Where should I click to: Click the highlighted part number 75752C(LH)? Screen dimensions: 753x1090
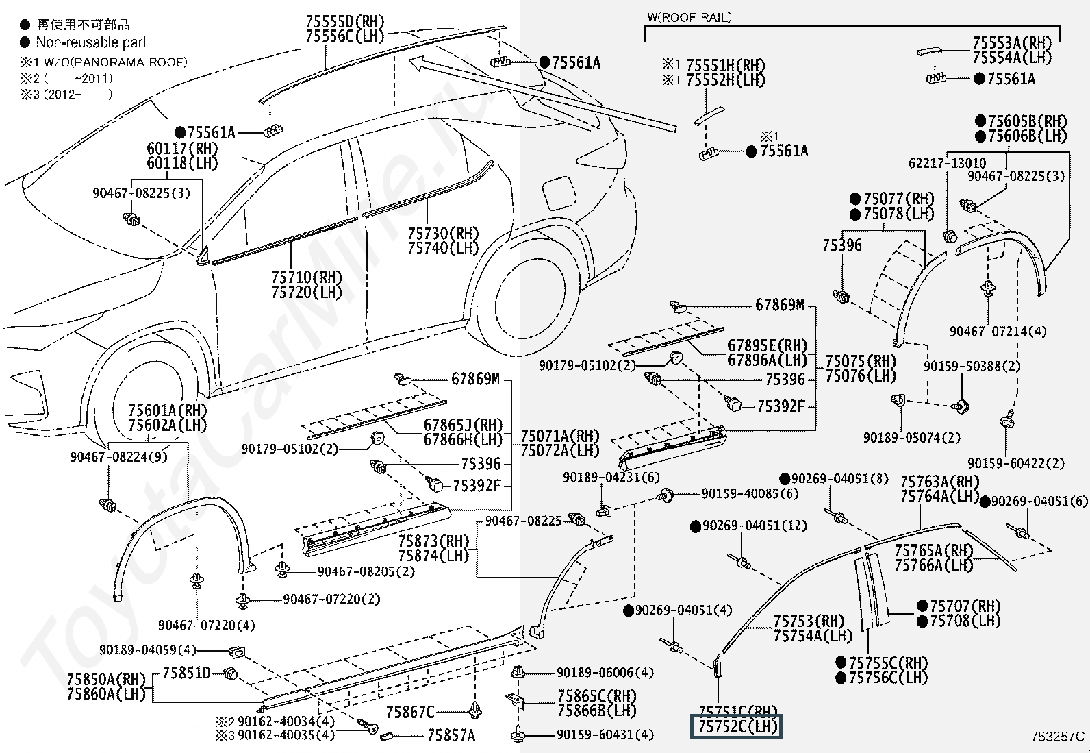(737, 726)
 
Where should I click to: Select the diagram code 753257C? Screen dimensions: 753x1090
(1058, 737)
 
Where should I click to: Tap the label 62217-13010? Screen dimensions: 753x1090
(947, 163)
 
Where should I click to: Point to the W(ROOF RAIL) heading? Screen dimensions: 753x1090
(689, 17)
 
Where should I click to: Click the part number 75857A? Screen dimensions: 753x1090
(451, 735)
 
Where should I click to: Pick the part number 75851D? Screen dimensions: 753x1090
(186, 673)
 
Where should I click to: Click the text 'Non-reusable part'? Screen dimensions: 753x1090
(91, 42)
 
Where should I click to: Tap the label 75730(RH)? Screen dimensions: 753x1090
(443, 234)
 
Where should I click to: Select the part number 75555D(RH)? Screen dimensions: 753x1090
(345, 21)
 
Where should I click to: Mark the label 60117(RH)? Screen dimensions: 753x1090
(182, 148)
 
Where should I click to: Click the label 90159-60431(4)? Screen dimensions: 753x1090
(605, 735)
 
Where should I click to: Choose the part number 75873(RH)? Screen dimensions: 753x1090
(433, 541)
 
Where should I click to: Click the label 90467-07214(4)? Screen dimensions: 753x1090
(998, 331)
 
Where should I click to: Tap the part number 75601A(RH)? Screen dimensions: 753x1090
(168, 410)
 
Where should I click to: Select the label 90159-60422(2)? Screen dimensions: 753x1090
(1016, 463)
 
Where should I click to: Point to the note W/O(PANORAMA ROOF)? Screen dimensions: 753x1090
(111, 62)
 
